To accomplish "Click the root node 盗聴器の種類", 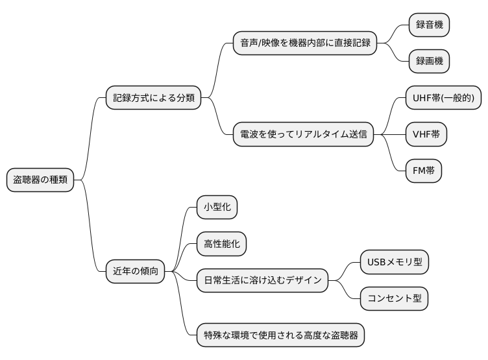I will coord(40,180).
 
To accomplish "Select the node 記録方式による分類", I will coord(154,99).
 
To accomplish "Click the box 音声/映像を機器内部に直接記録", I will coord(305,43).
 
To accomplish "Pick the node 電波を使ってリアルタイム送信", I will coord(303,135).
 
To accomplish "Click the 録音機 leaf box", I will coord(429,25).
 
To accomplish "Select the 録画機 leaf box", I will coord(429,62).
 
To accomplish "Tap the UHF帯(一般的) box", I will coord(443,99).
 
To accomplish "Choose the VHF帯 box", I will coord(426,135).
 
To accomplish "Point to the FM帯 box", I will coord(424,171).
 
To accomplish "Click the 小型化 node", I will coord(217,208).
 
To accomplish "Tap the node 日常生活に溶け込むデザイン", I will coord(262,280).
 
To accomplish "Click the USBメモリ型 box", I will coord(395,262).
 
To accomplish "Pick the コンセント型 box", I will coord(395,298).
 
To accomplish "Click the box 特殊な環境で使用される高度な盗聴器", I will coord(280,335).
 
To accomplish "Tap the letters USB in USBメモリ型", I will coord(377,262).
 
